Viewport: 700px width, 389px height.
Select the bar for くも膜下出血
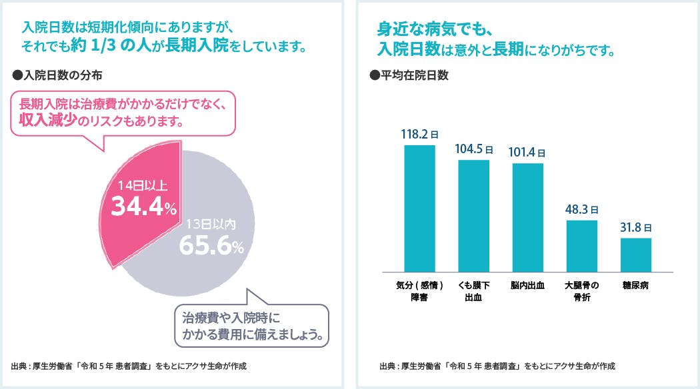coord(473,216)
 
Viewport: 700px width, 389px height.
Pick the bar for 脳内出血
coord(527,218)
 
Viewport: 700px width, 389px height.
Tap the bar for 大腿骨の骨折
coord(581,246)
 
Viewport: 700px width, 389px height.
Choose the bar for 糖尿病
coord(635,254)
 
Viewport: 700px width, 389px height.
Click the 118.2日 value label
coord(419,134)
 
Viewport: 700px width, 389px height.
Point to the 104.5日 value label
coord(473,149)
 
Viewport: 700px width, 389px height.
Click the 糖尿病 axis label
coord(635,285)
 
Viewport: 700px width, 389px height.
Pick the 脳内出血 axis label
coord(527,285)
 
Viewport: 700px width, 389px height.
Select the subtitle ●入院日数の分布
coord(57,75)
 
